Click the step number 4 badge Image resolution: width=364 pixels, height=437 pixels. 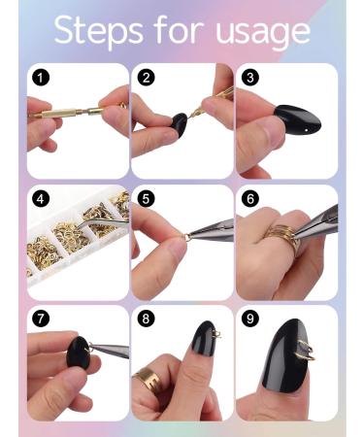click(x=39, y=198)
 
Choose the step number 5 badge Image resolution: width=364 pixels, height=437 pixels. click(x=145, y=198)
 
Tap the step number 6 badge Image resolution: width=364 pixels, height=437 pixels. click(x=249, y=198)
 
